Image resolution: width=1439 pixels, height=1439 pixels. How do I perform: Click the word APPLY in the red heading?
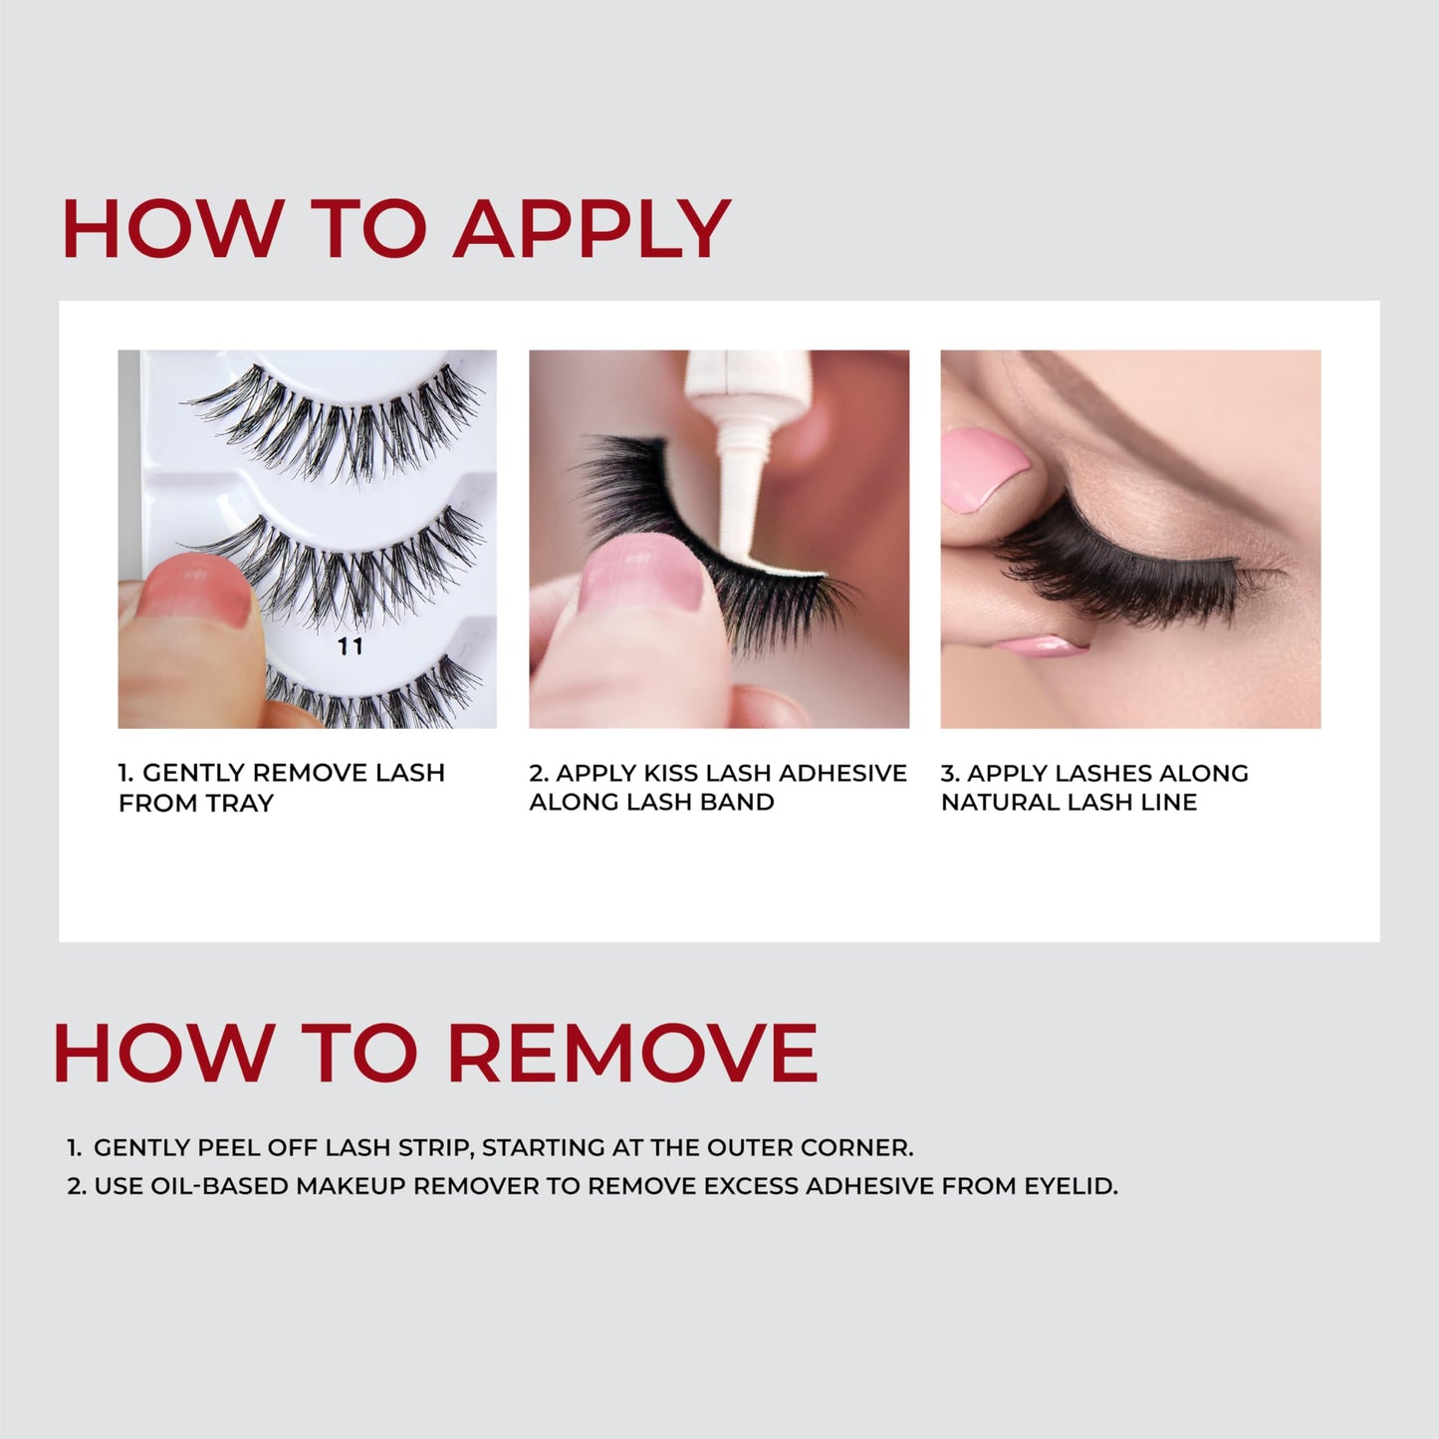593,230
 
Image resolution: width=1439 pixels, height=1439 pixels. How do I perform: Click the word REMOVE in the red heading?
632,1053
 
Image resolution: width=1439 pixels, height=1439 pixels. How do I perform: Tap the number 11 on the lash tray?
350,647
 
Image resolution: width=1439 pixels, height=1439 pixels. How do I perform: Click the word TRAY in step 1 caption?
239,804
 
